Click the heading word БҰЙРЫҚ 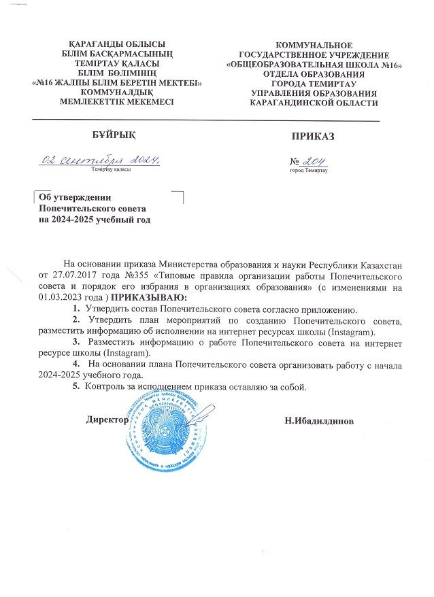(x=111, y=136)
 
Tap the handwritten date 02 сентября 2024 (x=101, y=161)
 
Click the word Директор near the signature (x=107, y=420)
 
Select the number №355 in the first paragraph (x=132, y=277)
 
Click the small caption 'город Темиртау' (x=308, y=171)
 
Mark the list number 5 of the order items (x=76, y=387)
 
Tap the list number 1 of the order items (x=76, y=309)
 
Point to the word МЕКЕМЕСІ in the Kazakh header (x=144, y=101)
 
